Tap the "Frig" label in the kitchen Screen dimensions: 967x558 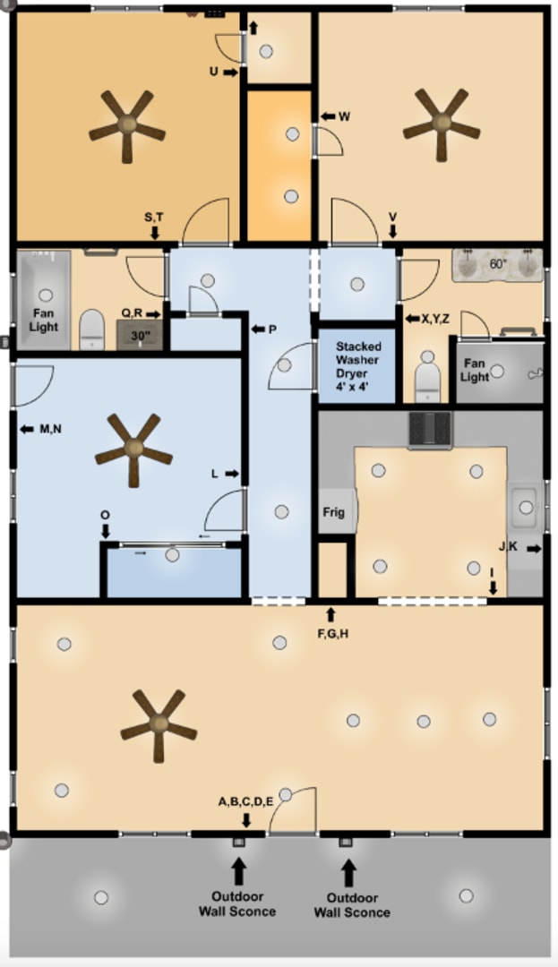pos(334,513)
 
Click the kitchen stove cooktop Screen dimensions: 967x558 pos(431,429)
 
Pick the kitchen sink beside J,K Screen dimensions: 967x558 pos(526,508)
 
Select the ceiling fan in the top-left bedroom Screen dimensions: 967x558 pos(127,124)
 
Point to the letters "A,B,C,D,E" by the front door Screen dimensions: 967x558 pos(245,801)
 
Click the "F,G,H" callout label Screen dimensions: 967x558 pos(332,633)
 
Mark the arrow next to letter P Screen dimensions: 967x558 pos(259,329)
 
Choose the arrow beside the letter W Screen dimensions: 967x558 pos(328,116)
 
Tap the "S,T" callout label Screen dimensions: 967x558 pos(154,217)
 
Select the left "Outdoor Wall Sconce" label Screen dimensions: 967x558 pos(237,903)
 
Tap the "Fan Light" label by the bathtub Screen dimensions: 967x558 pos(45,321)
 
